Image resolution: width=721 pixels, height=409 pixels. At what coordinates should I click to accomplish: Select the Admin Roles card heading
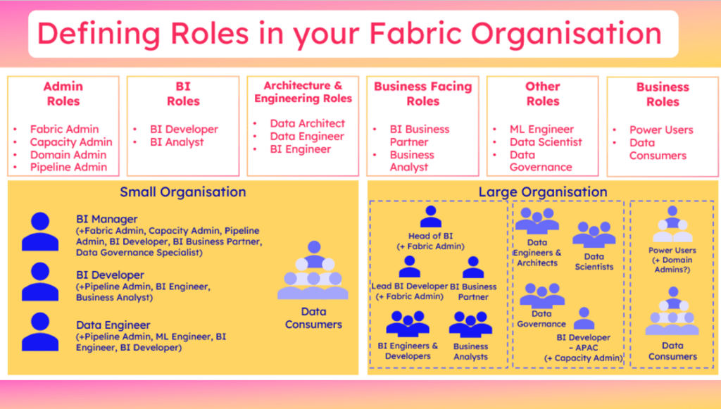(63, 94)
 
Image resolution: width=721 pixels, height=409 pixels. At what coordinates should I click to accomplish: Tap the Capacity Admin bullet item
(71, 142)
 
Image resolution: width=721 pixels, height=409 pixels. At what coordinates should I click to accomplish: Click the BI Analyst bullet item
(177, 142)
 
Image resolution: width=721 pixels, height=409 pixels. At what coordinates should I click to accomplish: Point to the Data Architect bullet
(308, 123)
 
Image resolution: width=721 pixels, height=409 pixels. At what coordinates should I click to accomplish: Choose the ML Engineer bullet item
(541, 130)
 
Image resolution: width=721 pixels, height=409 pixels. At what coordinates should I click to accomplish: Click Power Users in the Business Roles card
(661, 130)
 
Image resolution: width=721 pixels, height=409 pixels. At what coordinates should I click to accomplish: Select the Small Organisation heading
(182, 191)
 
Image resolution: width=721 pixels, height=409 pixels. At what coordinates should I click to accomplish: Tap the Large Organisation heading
(542, 191)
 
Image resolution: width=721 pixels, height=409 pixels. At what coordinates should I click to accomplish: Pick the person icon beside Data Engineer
(40, 332)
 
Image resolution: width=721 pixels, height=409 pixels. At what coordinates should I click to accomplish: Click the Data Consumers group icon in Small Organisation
(313, 271)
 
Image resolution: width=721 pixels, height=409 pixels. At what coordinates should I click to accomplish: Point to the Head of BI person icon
(430, 217)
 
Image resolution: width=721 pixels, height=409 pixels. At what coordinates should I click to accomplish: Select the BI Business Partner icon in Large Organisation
(473, 268)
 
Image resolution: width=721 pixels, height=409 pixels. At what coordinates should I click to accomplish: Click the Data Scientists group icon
(594, 235)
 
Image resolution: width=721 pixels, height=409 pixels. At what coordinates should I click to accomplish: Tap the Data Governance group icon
(541, 294)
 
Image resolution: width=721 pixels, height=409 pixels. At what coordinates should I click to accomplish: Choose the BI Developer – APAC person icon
(584, 318)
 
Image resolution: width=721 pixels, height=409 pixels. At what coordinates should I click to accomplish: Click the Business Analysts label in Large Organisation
(471, 351)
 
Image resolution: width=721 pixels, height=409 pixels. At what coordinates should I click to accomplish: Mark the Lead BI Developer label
(409, 287)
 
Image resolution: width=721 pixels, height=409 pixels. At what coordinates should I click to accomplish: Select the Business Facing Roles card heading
(422, 94)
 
